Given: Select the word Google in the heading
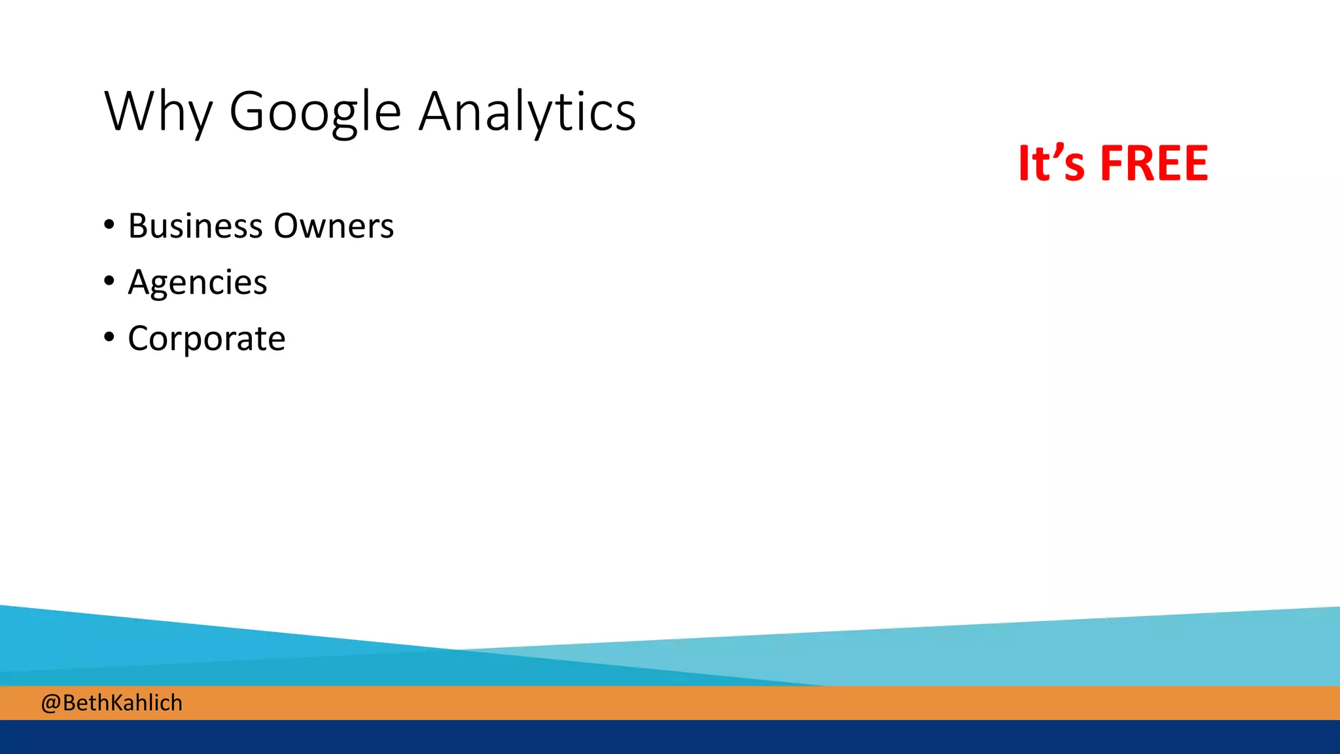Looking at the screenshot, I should point(315,113).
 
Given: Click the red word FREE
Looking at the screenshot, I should point(1154,163).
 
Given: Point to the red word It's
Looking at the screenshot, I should point(1051,163).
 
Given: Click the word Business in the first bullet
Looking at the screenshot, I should point(196,226).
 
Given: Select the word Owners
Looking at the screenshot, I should point(334,226).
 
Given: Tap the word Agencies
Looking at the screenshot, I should point(198,283).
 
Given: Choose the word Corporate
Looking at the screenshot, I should point(207,339).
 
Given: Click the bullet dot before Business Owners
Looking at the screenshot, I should point(109,225).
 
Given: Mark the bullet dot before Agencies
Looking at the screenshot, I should point(109,281).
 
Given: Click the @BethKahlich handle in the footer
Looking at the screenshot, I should point(112,703).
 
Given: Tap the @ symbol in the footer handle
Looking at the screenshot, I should point(51,704).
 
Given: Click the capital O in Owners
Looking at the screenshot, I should point(289,226).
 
